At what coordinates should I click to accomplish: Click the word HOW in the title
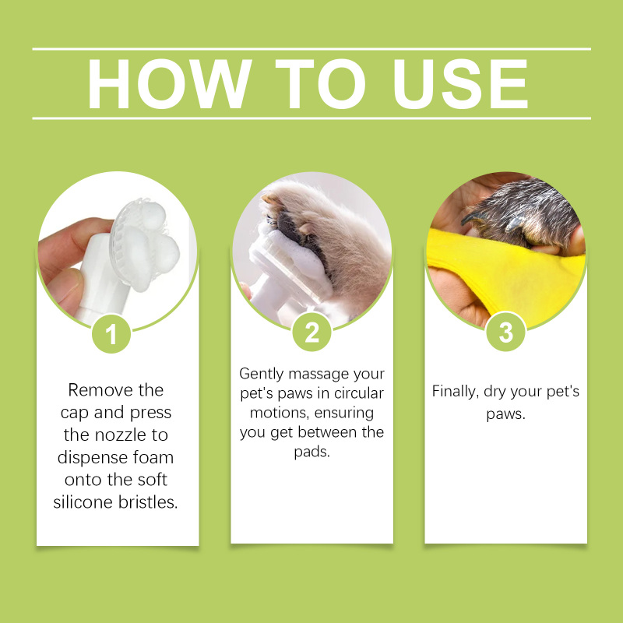point(170,84)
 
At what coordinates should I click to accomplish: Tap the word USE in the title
point(460,84)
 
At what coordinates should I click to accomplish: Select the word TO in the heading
point(320,84)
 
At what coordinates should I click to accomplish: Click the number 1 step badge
point(111,333)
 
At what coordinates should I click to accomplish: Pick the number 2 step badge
point(311,332)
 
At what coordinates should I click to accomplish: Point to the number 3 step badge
point(505,332)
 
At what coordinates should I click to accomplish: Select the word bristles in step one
point(148,502)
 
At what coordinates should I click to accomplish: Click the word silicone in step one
point(83,502)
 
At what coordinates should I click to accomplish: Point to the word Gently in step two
point(262,375)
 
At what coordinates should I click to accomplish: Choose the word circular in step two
point(359,393)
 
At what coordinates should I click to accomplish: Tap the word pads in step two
point(311,452)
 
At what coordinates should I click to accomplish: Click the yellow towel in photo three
point(509,274)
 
